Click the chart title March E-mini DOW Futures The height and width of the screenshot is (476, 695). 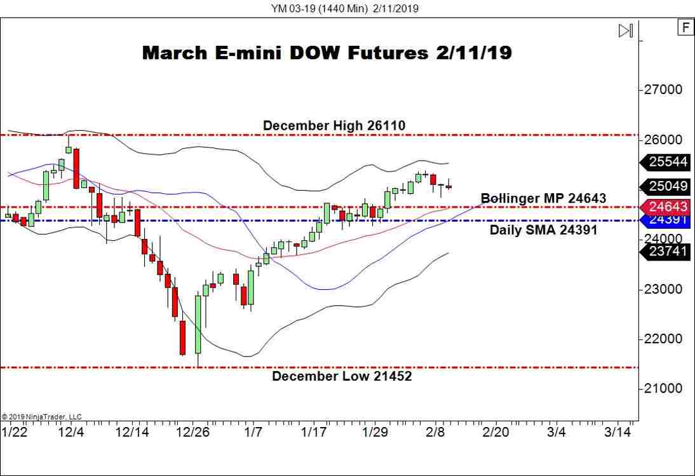327,53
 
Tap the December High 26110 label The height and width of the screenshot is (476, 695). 334,126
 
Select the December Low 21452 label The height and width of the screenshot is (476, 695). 342,376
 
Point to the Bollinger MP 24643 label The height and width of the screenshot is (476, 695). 543,198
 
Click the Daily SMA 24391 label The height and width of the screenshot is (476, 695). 543,230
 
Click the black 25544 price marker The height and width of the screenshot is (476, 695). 668,162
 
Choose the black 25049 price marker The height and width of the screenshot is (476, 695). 668,186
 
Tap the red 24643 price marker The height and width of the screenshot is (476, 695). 668,207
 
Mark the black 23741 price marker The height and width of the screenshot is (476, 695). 668,252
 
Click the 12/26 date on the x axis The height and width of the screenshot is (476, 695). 192,432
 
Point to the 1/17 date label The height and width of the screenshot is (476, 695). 313,432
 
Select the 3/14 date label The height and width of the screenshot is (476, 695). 617,432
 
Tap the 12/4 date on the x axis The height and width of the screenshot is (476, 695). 71,432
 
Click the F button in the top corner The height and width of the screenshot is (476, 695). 685,27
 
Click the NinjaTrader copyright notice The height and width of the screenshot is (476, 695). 41,417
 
